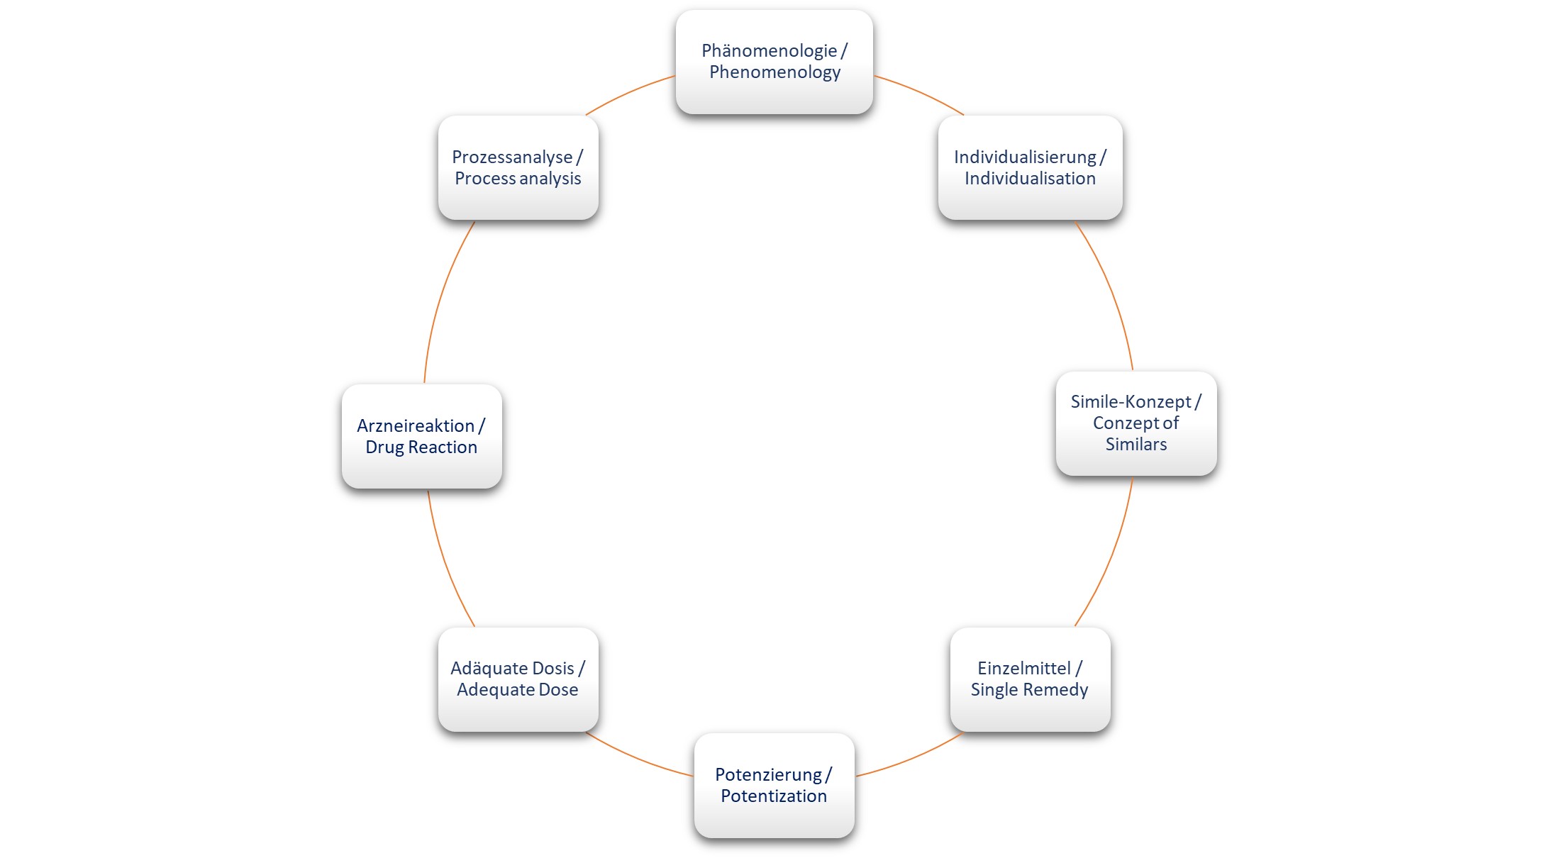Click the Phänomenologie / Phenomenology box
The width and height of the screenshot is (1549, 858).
(774, 62)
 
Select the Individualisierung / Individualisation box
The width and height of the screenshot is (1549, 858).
(1030, 167)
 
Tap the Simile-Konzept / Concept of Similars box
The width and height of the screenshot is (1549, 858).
(1136, 423)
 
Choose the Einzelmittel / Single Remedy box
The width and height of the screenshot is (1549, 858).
(1030, 679)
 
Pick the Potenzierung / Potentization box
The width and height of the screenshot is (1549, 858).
(774, 785)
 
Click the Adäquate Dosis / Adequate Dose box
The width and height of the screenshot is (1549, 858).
(518, 679)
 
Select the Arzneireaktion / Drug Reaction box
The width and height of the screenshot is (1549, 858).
(422, 436)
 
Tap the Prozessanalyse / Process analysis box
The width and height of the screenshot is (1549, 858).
(518, 167)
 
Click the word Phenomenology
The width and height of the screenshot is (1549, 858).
(775, 72)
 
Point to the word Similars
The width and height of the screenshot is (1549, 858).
(1136, 445)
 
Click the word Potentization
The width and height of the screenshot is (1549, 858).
(774, 796)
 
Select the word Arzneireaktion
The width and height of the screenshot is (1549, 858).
(416, 425)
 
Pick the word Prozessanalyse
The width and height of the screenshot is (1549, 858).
(512, 157)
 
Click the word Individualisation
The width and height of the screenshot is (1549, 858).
(1030, 178)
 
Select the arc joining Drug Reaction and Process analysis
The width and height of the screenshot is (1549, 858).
(441, 298)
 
